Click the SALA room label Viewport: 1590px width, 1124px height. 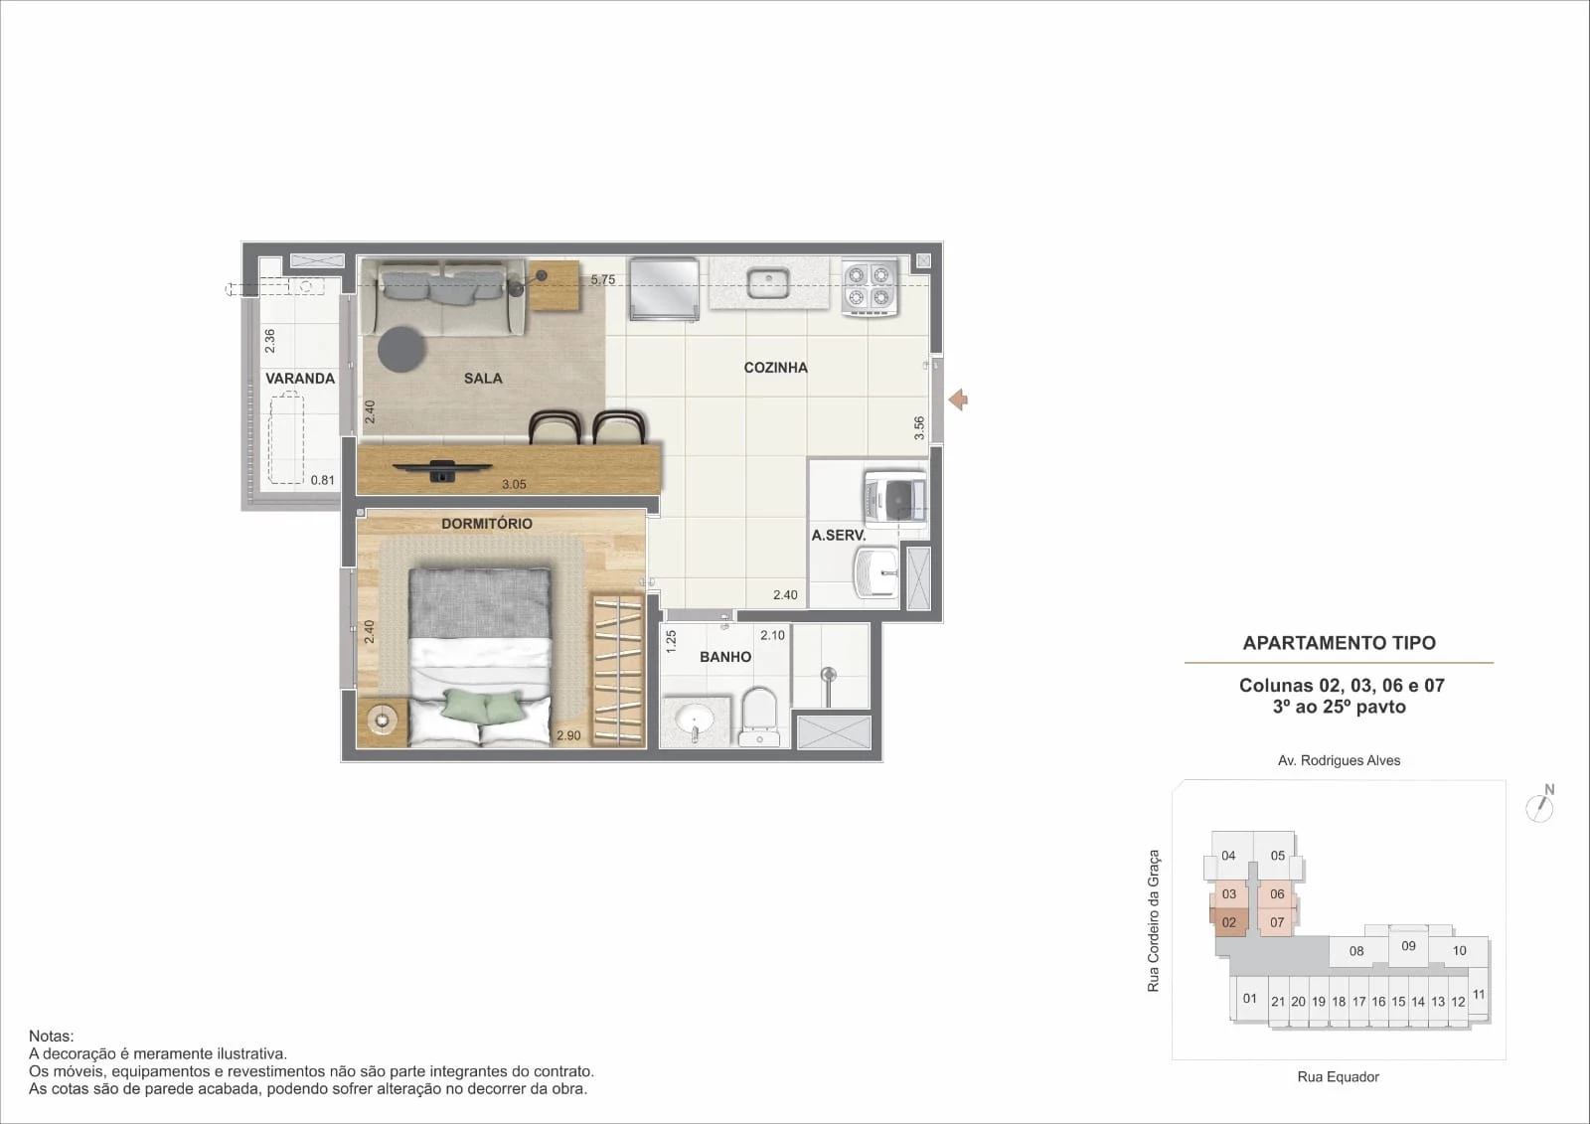pos(483,379)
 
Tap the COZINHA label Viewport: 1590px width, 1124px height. pos(775,368)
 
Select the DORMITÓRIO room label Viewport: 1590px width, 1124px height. pos(486,524)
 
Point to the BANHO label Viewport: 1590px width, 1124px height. pos(724,657)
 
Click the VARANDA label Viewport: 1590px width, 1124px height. pos(299,379)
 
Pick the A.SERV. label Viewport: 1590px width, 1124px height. pos(839,536)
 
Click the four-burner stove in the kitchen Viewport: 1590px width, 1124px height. pos(870,287)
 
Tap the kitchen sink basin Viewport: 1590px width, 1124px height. pos(768,283)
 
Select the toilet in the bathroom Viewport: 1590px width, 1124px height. pos(759,718)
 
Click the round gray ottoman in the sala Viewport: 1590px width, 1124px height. pos(401,350)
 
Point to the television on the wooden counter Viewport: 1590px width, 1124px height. pos(442,471)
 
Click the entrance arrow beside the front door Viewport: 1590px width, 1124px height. pos(958,400)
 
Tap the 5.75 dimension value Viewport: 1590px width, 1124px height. pos(602,279)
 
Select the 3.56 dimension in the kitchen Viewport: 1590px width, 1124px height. pos(919,427)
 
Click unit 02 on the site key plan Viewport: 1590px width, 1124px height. pos(1228,922)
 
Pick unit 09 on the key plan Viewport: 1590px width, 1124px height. pos(1408,946)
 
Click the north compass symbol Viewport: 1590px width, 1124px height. pos(1540,804)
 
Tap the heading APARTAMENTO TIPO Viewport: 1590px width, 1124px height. pos(1339,643)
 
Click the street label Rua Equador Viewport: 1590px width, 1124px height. pos(1338,1076)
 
